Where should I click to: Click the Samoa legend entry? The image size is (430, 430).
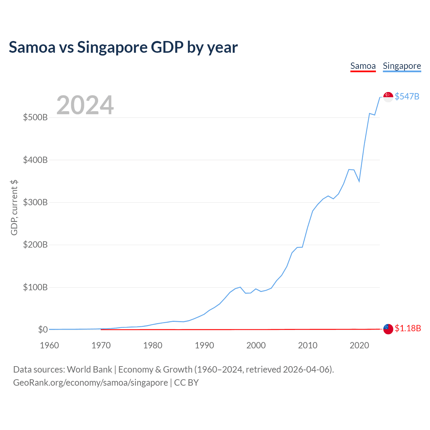(363, 66)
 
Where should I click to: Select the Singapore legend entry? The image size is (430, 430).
(402, 66)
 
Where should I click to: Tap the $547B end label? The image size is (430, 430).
(407, 96)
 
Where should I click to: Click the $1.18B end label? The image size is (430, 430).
(407, 328)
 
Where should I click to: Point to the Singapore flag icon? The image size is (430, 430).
(388, 97)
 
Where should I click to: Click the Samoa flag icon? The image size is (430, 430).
(388, 329)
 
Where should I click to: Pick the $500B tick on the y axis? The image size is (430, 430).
(35, 118)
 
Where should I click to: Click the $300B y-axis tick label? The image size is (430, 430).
(35, 203)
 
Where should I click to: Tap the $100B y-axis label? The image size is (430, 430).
(35, 288)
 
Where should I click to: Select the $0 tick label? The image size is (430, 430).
(43, 330)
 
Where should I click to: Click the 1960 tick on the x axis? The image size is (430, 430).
(49, 345)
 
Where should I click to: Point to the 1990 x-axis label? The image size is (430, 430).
(204, 345)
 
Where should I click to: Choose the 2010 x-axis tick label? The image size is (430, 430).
(308, 345)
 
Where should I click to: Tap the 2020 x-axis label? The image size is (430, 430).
(359, 345)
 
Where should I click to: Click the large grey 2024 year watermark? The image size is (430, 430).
(85, 105)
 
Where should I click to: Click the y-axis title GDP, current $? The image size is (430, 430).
(14, 208)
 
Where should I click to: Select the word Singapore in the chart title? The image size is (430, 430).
(112, 47)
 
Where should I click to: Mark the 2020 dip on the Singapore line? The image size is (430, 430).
(359, 181)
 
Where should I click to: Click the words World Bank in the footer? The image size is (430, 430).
(89, 370)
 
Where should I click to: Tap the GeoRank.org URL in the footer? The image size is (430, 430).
(90, 383)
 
